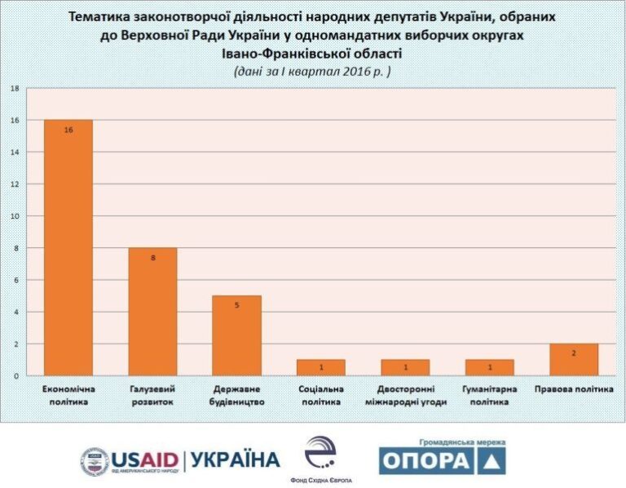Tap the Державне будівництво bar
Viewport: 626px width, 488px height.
(x=236, y=335)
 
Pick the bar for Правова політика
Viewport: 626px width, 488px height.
(x=574, y=360)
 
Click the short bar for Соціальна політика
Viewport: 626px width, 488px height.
(x=321, y=367)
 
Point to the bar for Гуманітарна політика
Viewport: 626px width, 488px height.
(x=489, y=367)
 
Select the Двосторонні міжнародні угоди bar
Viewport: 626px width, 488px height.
(x=405, y=367)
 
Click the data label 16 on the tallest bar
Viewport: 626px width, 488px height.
(x=68, y=129)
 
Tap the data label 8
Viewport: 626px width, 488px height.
(x=152, y=257)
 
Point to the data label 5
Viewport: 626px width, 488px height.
(x=236, y=305)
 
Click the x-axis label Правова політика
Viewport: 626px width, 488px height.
(x=574, y=389)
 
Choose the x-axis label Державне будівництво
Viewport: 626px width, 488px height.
(x=236, y=395)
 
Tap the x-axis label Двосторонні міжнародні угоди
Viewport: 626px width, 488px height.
(x=405, y=395)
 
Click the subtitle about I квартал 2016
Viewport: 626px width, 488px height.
(x=312, y=71)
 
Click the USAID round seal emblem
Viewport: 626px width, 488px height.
(x=95, y=462)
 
